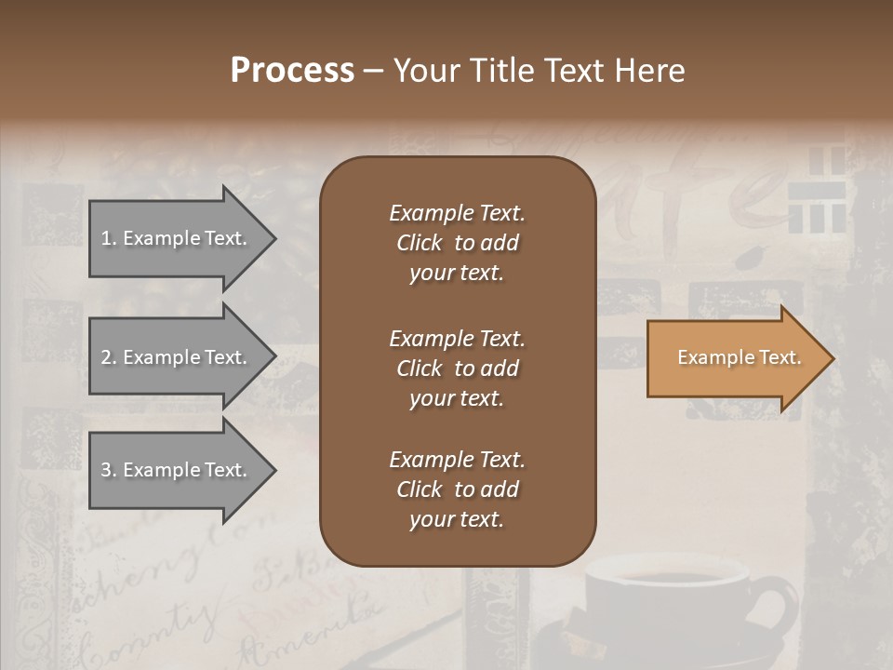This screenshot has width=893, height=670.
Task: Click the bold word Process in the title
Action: point(292,71)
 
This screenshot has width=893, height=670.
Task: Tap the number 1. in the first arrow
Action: point(109,238)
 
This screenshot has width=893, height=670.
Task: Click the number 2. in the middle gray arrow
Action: point(109,357)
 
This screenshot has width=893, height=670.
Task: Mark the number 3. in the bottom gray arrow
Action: point(109,470)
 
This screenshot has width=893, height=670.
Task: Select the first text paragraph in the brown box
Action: point(457,243)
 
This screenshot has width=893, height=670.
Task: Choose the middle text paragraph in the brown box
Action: point(457,368)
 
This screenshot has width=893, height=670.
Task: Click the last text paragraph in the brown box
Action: point(457,489)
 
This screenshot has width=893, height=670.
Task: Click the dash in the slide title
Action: point(373,72)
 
